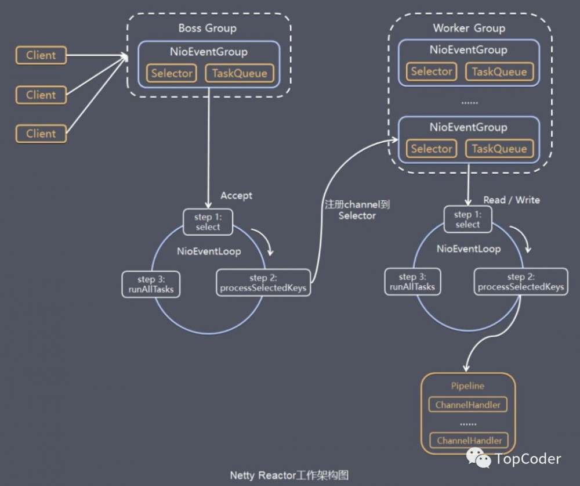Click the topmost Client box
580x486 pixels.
tap(41, 56)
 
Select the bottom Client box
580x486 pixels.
tap(41, 134)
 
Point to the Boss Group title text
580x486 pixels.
tap(207, 28)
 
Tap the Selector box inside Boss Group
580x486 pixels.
tap(172, 73)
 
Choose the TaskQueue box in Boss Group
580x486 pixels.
tap(240, 73)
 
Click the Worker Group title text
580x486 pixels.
tap(469, 28)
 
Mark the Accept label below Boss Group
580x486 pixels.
tap(237, 196)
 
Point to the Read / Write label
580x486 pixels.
tap(512, 200)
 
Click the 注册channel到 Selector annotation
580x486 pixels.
tap(357, 210)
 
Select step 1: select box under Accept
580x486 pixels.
tap(208, 221)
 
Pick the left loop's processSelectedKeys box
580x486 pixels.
tap(263, 283)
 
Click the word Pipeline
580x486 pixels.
tap(467, 386)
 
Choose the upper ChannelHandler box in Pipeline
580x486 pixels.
tap(468, 405)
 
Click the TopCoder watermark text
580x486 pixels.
tap(528, 459)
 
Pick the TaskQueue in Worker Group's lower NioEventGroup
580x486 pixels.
tap(499, 149)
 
